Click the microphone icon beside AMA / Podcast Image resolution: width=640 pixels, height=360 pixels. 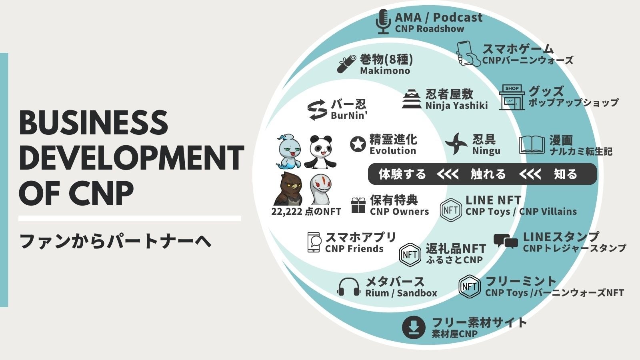coord(384,22)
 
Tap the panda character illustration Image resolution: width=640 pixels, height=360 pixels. coord(320,152)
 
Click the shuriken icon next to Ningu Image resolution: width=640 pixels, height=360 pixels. coord(456,144)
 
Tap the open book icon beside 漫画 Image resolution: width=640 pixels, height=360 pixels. coord(532,145)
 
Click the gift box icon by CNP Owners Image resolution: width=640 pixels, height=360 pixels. coord(358,205)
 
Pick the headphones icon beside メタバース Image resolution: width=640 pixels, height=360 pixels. coord(349,287)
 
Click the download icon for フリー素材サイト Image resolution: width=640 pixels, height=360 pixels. coord(413,327)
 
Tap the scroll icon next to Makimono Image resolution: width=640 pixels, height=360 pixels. coord(346,64)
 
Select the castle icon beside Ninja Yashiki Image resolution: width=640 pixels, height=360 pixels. coord(412,99)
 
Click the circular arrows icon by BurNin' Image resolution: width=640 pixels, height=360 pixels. coord(317,110)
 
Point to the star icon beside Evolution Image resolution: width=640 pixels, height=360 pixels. coord(358,144)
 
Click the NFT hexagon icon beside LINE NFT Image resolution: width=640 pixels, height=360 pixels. coord(451,210)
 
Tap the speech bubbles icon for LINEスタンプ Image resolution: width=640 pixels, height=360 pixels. coord(505,242)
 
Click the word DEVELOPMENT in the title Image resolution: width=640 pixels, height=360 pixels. coord(131,158)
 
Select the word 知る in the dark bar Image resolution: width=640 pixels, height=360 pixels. coord(565,174)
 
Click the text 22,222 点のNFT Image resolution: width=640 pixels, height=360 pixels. coord(306,212)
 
